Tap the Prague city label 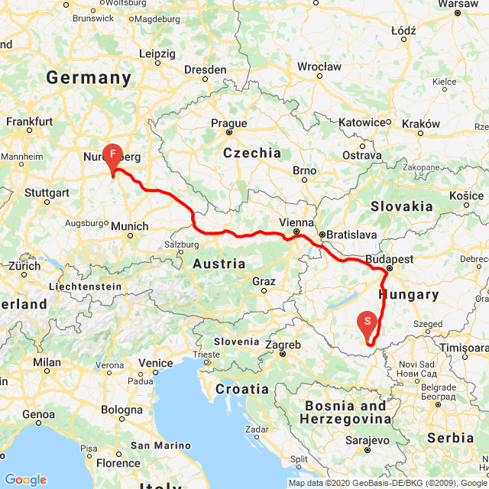tap(229, 123)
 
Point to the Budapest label tap(390, 259)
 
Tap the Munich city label tap(129, 226)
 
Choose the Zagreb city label tap(282, 345)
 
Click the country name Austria tap(219, 264)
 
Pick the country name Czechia tap(251, 153)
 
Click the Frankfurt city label tap(29, 121)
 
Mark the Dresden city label tap(205, 70)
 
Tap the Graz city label tap(264, 281)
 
